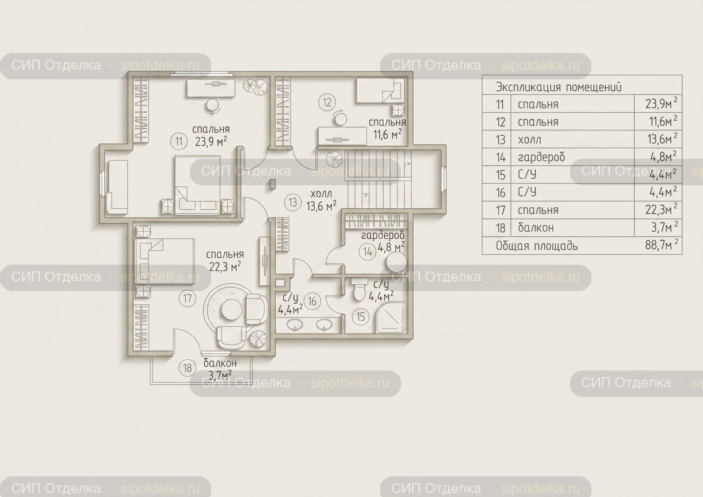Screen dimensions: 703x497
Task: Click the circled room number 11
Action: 179,142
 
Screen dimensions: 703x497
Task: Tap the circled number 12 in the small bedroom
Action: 327,102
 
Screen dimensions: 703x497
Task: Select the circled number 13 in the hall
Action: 293,202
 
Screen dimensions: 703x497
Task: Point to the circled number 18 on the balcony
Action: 188,368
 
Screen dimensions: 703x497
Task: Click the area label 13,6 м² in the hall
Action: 322,206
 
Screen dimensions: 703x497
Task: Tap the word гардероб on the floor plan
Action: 383,235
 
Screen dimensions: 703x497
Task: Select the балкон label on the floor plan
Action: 220,363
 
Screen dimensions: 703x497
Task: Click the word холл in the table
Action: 529,139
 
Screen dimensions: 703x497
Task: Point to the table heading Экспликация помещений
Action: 559,87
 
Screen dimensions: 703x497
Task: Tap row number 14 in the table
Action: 501,157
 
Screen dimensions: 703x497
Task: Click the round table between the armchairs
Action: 232,309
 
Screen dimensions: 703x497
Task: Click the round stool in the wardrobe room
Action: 397,262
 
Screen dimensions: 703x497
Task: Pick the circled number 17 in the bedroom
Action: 188,298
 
